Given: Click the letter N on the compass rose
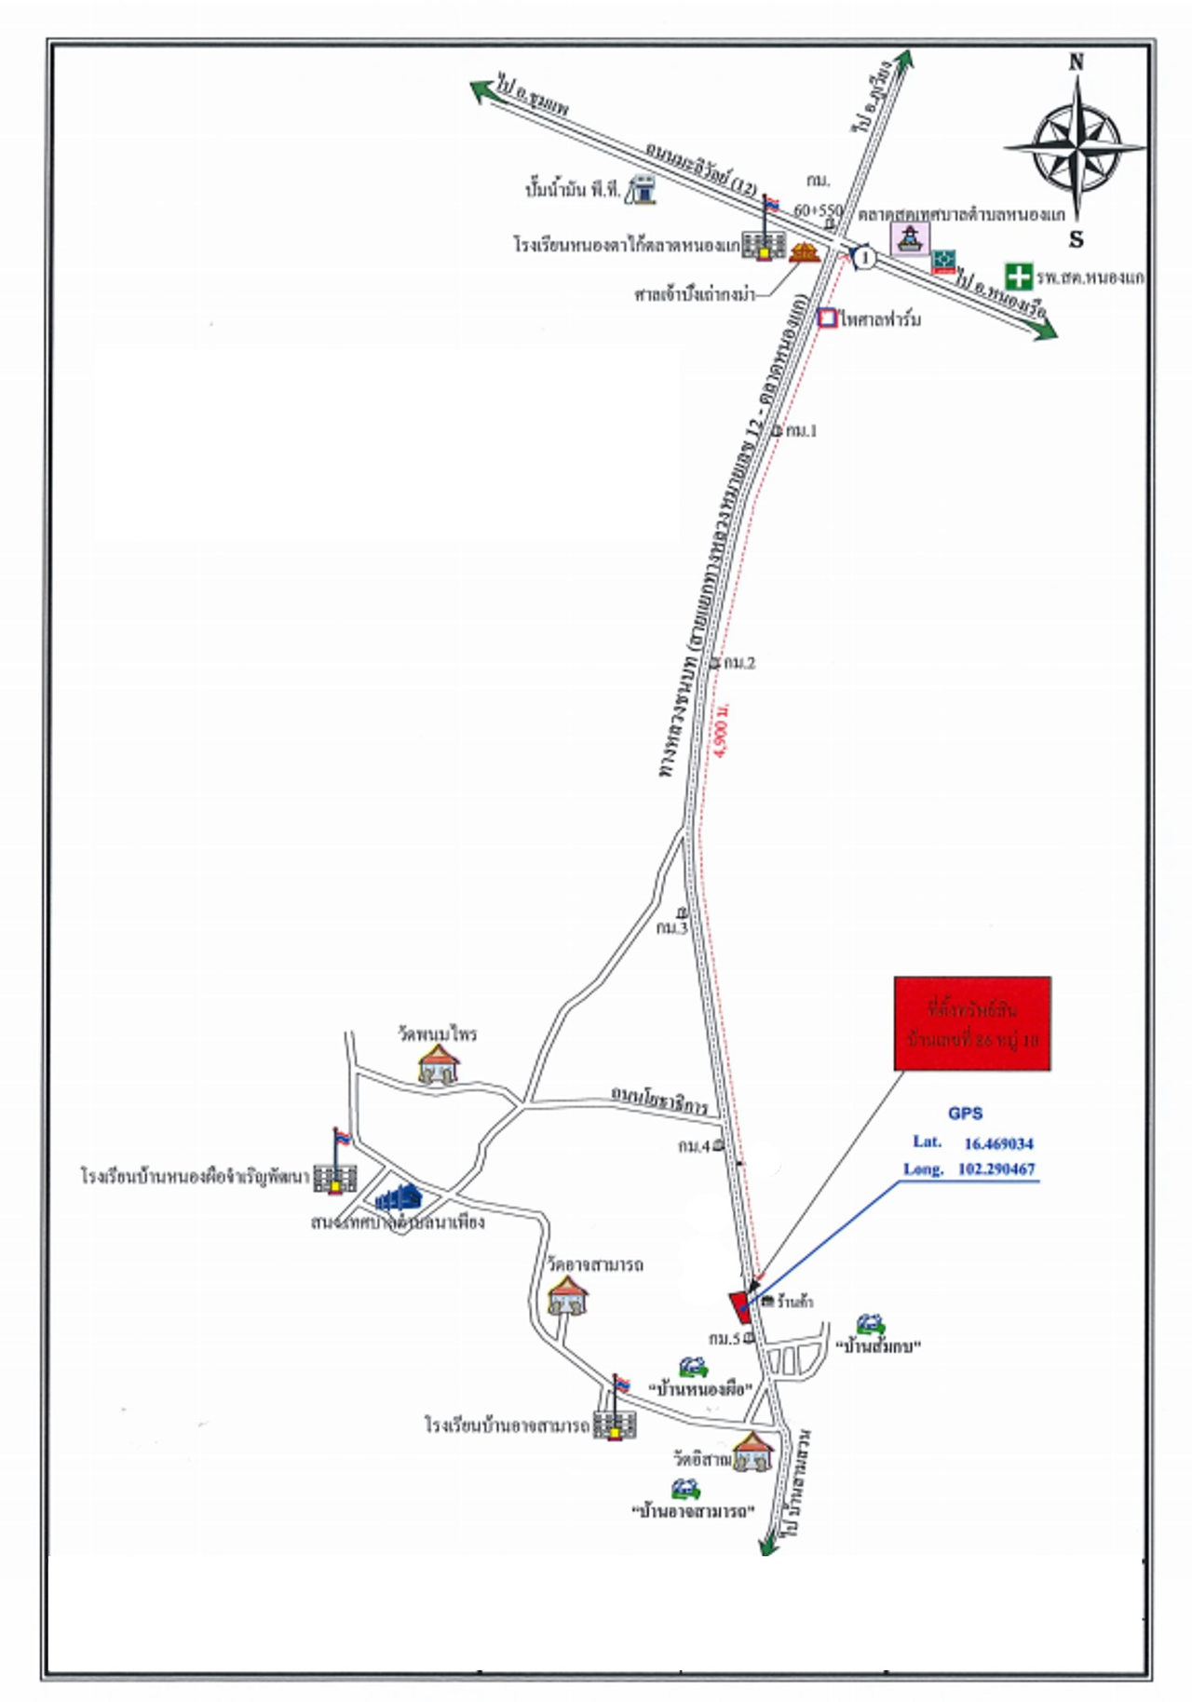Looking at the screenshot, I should tap(1076, 62).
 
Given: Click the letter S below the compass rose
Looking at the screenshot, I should tap(1076, 239).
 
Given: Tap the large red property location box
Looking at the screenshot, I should tap(972, 1023).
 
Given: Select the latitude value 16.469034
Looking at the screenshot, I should tap(998, 1143).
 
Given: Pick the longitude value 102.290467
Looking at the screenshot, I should tap(996, 1169).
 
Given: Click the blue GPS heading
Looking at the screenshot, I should tap(965, 1114).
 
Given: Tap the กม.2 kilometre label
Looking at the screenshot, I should tap(738, 663).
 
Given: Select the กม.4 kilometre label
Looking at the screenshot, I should tap(694, 1146).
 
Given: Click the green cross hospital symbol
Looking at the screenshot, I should tap(1019, 277).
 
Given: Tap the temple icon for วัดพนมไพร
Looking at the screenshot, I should tap(438, 1063).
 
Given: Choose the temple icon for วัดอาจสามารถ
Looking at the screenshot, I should tap(567, 1294).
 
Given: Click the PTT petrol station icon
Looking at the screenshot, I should tap(641, 189).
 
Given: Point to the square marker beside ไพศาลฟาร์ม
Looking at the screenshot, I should tap(827, 318).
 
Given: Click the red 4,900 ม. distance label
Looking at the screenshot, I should tap(725, 731).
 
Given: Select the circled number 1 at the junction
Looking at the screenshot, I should tap(865, 257).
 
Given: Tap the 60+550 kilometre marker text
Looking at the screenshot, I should tap(818, 211).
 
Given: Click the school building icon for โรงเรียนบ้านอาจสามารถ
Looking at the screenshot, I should tap(616, 1424).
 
